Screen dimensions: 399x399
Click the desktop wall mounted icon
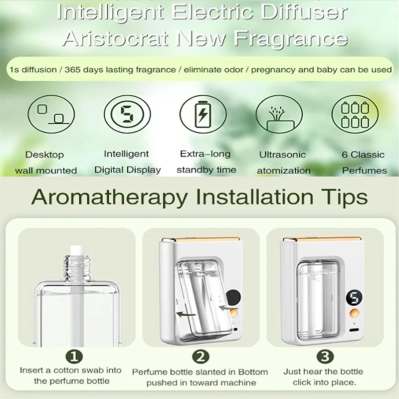pyautogui.click(x=51, y=114)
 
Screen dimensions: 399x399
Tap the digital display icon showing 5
pyautogui.click(x=127, y=114)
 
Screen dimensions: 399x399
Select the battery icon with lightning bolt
pyautogui.click(x=203, y=114)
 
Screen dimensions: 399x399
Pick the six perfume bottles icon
pyautogui.click(x=355, y=114)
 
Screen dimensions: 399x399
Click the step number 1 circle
pyautogui.click(x=74, y=357)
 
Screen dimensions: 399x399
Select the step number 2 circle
pyautogui.click(x=201, y=357)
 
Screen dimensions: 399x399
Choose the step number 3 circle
pyautogui.click(x=325, y=357)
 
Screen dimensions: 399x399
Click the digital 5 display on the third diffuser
pyautogui.click(x=354, y=297)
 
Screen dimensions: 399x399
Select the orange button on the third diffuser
pyautogui.click(x=354, y=313)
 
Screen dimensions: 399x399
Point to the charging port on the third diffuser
pyautogui.click(x=354, y=330)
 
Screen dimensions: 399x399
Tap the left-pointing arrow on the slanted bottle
pyautogui.click(x=186, y=315)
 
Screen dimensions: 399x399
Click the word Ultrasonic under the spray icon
pyautogui.click(x=282, y=155)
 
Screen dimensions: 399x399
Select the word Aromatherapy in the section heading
pyautogui.click(x=109, y=198)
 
